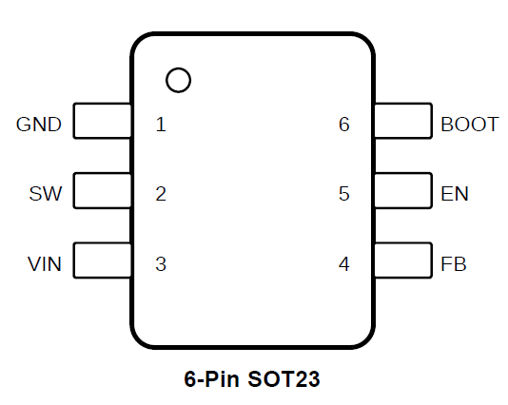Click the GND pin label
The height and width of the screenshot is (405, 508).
pos(39,125)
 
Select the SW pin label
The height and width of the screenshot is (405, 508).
pos(46,194)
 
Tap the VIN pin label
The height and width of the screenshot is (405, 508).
pos(45,264)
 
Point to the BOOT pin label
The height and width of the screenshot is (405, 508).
pos(469,125)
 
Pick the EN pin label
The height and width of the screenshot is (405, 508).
pos(455,194)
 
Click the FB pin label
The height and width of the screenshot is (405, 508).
pos(454,264)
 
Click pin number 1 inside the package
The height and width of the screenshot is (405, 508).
pos(161,125)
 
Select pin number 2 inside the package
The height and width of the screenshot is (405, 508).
pos(161,194)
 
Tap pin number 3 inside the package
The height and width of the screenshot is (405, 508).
pos(161,264)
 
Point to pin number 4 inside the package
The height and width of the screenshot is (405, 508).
pos(344,264)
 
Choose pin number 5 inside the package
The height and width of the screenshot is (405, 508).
pos(344,194)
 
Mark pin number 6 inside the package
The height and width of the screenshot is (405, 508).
pos(344,125)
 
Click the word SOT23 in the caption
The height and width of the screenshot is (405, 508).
pos(283,378)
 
